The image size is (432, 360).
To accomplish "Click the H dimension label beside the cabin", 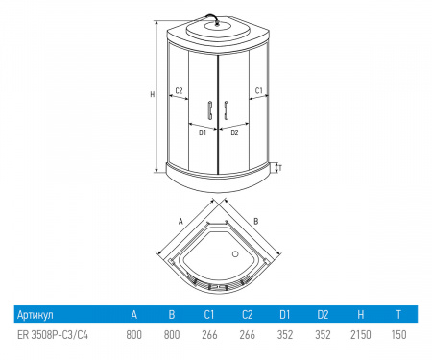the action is click(x=153, y=94).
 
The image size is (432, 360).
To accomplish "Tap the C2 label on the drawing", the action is click(x=179, y=90).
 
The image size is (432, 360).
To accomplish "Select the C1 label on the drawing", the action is click(x=258, y=90).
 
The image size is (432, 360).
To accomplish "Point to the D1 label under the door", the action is click(x=203, y=132).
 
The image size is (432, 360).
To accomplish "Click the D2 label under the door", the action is click(x=234, y=132).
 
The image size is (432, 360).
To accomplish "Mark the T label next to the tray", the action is click(x=279, y=168).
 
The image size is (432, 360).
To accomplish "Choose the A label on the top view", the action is click(x=180, y=221).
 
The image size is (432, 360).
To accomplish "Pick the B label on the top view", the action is click(x=255, y=221).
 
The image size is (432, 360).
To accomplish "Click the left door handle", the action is click(x=210, y=110).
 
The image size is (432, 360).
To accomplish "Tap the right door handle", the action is click(x=227, y=110).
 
